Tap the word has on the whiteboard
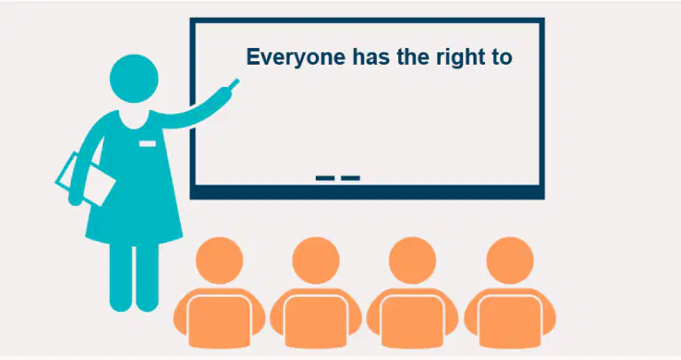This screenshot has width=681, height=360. [x=371, y=57]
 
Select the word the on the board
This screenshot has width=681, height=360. [x=413, y=57]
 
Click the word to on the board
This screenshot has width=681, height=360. [x=502, y=58]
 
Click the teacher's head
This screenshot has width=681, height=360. [x=134, y=79]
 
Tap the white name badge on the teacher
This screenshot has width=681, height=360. [x=148, y=144]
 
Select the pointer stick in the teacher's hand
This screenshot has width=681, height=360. [x=234, y=84]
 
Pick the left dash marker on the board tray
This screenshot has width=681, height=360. [x=325, y=177]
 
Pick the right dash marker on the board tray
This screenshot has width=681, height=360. [x=350, y=177]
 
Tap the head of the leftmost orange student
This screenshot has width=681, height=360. [x=219, y=260]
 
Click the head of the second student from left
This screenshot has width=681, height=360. [x=316, y=260]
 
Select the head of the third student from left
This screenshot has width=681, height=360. [x=412, y=260]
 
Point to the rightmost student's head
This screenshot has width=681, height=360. [x=510, y=260]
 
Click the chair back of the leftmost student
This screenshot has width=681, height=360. [x=219, y=321]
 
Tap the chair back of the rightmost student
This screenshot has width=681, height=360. [x=510, y=321]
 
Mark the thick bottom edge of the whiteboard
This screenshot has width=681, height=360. [x=367, y=192]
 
